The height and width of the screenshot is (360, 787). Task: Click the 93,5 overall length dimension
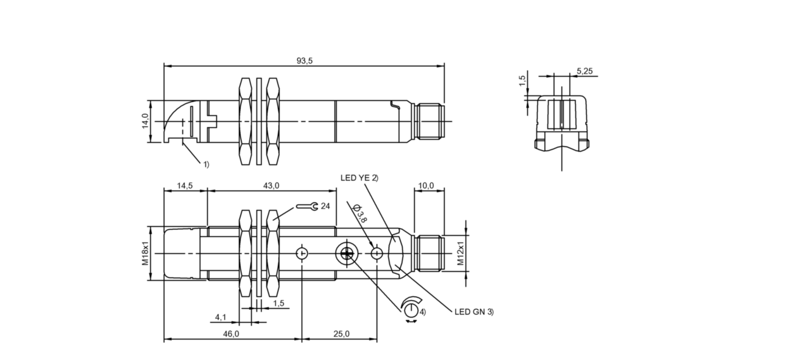click(x=305, y=61)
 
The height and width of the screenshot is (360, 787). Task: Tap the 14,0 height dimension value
click(x=145, y=121)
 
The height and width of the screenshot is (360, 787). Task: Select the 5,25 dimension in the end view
click(x=585, y=71)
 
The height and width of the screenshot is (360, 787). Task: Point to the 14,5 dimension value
click(x=184, y=185)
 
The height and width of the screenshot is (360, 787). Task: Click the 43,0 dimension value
click(x=271, y=185)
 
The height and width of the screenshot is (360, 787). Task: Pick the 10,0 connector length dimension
click(x=426, y=185)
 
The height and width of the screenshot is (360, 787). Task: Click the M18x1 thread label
click(x=145, y=253)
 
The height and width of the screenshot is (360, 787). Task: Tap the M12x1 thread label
click(x=461, y=253)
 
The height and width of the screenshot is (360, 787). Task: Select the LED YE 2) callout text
click(x=359, y=178)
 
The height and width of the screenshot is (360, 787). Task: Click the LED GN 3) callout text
click(x=474, y=312)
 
